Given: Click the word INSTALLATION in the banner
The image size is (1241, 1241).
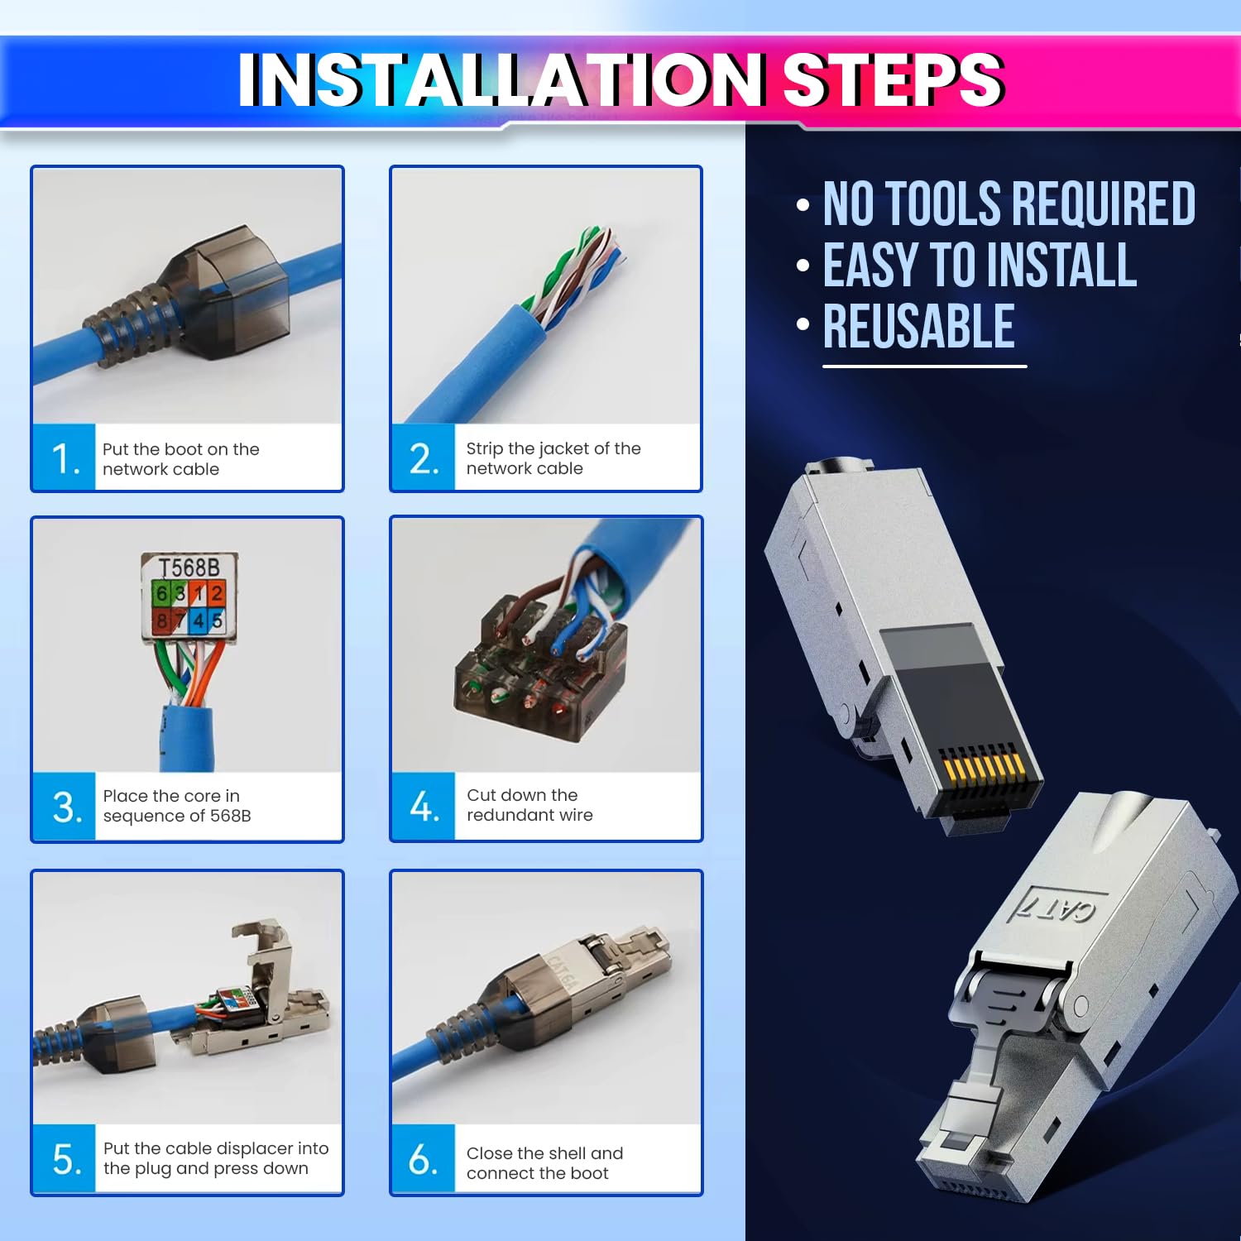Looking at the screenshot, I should (500, 80).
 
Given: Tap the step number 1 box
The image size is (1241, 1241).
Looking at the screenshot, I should (65, 458).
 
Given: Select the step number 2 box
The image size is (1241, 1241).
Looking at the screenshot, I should (424, 458).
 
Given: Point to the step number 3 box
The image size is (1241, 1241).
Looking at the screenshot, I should (65, 807).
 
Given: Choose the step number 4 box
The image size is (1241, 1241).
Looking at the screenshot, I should (424, 807).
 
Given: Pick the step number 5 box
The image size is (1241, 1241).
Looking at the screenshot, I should (65, 1158).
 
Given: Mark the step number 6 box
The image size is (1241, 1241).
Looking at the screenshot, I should (424, 1158).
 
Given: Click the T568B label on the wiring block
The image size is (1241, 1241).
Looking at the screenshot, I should (189, 568).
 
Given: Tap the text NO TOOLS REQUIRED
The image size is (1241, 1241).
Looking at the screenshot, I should (1009, 204).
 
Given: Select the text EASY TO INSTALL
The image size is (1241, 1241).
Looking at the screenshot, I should (980, 266).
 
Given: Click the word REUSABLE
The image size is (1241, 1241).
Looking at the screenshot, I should (918, 327).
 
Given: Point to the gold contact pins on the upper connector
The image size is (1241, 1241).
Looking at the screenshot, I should (985, 765).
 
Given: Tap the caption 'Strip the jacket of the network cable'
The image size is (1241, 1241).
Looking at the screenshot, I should (553, 458).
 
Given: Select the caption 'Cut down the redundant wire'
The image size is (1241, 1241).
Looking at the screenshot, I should (529, 805).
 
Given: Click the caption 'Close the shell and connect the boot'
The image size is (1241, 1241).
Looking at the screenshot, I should (544, 1163).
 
